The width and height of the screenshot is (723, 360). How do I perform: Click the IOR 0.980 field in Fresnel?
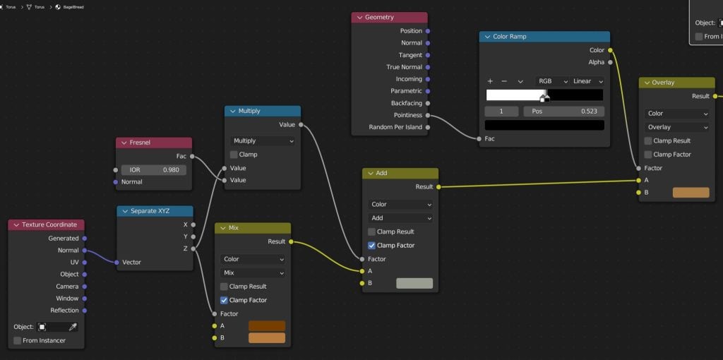coord(153,170)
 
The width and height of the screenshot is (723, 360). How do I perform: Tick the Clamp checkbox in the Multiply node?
coord(234,155)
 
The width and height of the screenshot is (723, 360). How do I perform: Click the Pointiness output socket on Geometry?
coord(427,115)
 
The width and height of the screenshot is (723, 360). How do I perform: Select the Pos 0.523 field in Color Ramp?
coord(563,112)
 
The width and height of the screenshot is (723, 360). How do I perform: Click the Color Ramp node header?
coord(544,37)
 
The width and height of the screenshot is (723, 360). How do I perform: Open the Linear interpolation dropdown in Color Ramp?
coord(587,81)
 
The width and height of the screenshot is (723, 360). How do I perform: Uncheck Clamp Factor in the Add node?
coord(371,246)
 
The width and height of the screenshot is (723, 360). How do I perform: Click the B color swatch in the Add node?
coord(414,283)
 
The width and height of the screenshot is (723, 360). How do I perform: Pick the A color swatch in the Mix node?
coord(267,326)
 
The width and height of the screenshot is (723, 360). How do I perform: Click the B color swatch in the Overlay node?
coord(691,193)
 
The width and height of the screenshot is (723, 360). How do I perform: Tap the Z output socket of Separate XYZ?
coord(193,249)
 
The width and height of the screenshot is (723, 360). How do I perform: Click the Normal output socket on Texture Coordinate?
coord(84,251)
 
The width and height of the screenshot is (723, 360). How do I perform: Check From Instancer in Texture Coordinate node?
coord(18,341)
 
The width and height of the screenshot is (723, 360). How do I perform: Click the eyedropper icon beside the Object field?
coord(73,327)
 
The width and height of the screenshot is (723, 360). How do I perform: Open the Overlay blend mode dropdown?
coord(677,127)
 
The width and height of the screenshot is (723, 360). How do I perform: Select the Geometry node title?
coord(379,17)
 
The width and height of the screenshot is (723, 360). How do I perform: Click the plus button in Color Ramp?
coord(490,81)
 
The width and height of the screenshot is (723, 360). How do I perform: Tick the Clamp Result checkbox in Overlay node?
coord(648,141)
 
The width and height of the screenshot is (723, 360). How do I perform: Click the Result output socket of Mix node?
coord(290,241)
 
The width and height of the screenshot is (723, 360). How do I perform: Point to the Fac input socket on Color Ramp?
coord(479,139)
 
